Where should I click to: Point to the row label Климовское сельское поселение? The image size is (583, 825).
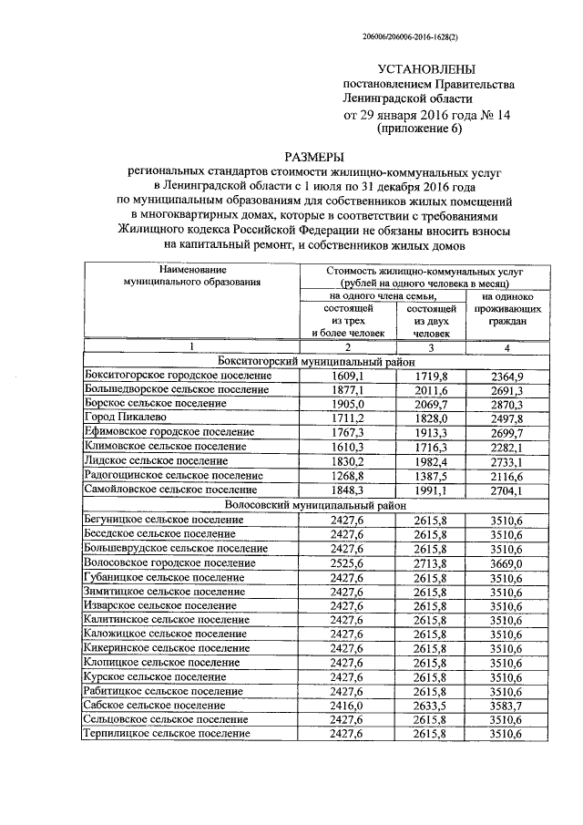(x=165, y=447)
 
